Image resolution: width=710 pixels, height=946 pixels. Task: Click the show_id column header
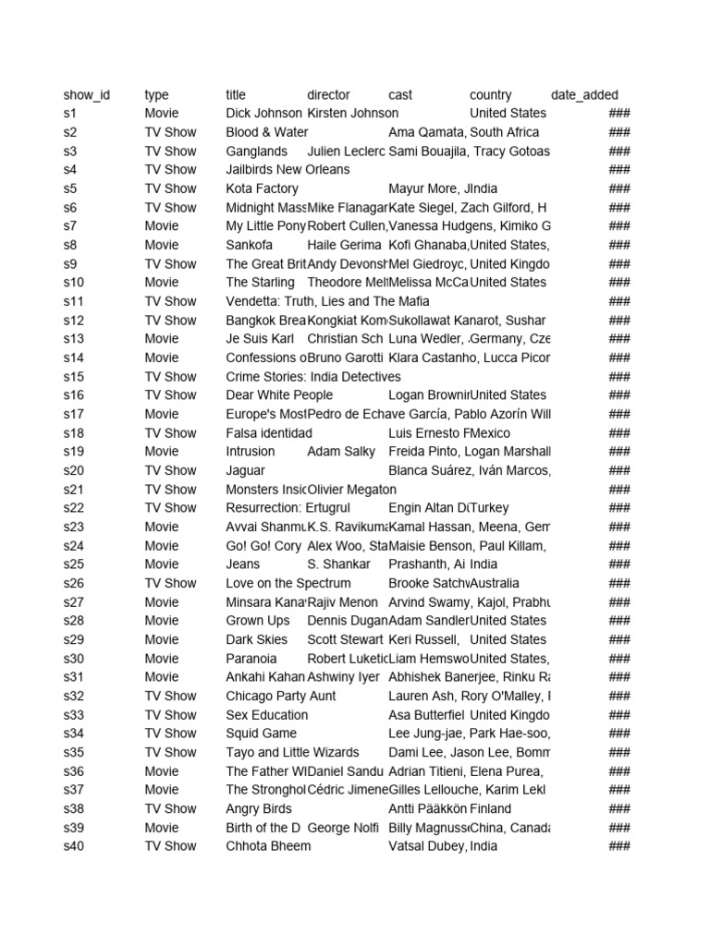(86, 95)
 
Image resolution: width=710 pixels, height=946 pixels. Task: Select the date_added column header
(584, 95)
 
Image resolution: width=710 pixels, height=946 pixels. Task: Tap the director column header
(328, 95)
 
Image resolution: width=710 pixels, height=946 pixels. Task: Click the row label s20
(74, 470)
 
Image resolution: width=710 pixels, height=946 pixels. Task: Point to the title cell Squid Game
(262, 734)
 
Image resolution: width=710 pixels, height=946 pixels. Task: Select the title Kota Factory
(263, 188)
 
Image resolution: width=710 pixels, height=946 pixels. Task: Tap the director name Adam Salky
(341, 452)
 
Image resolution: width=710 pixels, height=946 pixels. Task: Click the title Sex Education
(267, 715)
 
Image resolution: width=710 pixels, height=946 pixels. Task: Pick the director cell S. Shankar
(338, 564)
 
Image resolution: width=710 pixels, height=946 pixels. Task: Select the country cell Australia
(495, 583)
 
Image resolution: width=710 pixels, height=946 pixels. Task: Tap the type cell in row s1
(162, 113)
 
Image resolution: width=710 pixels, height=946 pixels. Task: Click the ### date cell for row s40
(618, 846)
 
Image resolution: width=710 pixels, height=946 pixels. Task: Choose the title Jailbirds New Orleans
(288, 169)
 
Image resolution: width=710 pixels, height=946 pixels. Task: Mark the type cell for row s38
(170, 808)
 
